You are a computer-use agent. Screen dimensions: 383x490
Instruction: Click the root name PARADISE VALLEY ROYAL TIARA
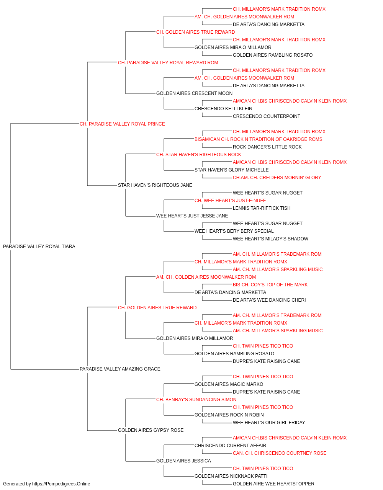[39, 246]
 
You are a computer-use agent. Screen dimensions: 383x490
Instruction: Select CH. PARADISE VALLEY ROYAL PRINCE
[122, 124]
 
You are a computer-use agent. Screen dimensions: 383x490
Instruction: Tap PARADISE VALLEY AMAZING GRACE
[120, 369]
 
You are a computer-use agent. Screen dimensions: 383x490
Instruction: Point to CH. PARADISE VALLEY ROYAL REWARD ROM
[168, 63]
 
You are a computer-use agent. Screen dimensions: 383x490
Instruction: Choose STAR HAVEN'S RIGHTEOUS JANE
[155, 185]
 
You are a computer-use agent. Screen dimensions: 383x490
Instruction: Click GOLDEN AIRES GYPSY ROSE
[151, 430]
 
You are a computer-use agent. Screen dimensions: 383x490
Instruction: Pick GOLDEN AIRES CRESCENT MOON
[194, 93]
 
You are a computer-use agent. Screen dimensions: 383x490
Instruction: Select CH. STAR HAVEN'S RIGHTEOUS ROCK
[199, 154]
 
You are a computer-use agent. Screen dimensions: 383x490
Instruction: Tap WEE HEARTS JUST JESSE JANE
[192, 216]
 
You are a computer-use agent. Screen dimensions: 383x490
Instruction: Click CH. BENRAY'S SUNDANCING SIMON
[196, 399]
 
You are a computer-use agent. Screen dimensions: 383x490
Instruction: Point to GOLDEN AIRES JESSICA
[183, 461]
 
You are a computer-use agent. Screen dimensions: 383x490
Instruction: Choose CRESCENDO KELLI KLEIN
[223, 108]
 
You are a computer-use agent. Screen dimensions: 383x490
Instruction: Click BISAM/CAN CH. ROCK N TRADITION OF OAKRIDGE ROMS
[259, 139]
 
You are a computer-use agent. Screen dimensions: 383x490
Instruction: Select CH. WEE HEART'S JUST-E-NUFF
[230, 201]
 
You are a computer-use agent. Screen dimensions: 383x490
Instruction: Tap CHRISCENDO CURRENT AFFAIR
[230, 445]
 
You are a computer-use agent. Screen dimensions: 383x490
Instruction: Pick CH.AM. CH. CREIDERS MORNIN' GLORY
[277, 178]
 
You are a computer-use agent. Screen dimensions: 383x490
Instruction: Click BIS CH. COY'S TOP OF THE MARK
[270, 284]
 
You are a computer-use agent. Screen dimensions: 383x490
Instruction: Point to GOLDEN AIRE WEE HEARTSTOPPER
[273, 484]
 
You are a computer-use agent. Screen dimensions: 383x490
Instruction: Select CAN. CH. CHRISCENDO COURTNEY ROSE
[280, 453]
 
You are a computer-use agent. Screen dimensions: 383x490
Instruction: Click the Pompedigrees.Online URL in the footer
[61, 484]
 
